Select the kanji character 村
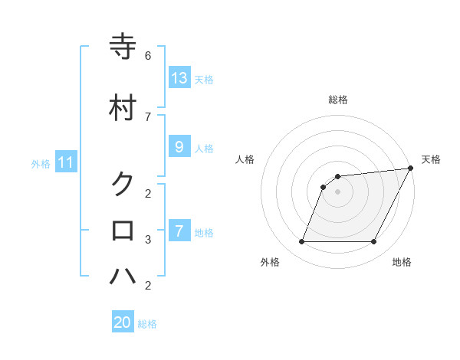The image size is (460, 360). pyautogui.click(x=123, y=107)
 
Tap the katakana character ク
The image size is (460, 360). pyautogui.click(x=123, y=184)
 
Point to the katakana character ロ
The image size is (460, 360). pyautogui.click(x=123, y=230)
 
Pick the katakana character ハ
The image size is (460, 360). pyautogui.click(x=123, y=276)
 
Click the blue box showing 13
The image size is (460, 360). pyautogui.click(x=179, y=78)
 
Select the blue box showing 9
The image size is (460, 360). pyautogui.click(x=179, y=147)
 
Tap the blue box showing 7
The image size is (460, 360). pyautogui.click(x=179, y=231)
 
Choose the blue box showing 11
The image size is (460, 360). pyautogui.click(x=66, y=162)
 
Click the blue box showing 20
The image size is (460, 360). pyautogui.click(x=123, y=322)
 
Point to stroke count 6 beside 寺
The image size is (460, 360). pyautogui.click(x=148, y=56)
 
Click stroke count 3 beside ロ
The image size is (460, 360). pyautogui.click(x=148, y=240)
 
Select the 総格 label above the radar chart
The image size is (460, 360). pyautogui.click(x=338, y=100)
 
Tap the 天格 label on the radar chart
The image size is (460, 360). pyautogui.click(x=431, y=159)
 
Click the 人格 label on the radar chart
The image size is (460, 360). pyautogui.click(x=245, y=159)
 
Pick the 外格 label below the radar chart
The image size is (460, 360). pyautogui.click(x=270, y=263)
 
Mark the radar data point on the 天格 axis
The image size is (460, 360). pyautogui.click(x=411, y=169)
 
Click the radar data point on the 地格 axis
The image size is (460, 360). pyautogui.click(x=373, y=242)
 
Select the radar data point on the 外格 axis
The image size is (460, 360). pyautogui.click(x=301, y=242)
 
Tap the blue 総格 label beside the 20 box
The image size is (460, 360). pyautogui.click(x=147, y=324)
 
